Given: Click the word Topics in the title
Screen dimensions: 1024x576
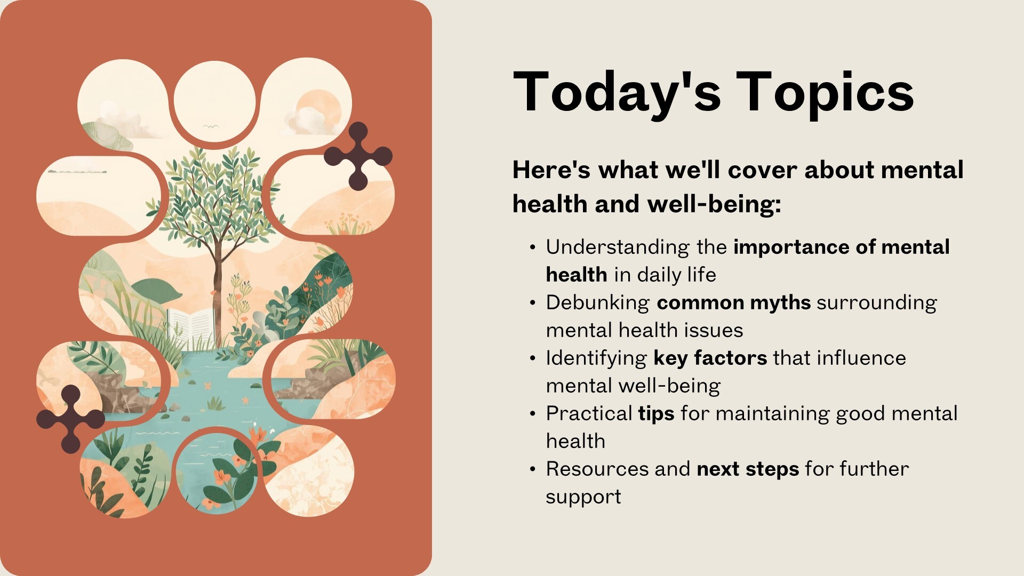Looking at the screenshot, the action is click(x=825, y=93).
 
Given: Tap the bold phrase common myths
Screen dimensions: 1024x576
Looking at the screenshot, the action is click(x=734, y=303).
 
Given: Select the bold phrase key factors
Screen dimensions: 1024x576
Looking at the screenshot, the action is click(x=710, y=358).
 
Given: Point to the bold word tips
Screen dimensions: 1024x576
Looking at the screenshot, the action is click(x=657, y=414).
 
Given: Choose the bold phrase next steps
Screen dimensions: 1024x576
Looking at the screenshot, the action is click(x=748, y=469).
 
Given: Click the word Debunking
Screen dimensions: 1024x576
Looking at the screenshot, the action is click(x=598, y=303).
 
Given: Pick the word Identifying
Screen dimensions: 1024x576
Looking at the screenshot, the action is click(x=596, y=358).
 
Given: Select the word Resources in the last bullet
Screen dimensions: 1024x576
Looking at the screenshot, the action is click(x=597, y=469).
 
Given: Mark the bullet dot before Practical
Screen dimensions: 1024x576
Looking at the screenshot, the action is click(x=532, y=414).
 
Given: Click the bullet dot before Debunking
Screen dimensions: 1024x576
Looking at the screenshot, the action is click(x=532, y=303).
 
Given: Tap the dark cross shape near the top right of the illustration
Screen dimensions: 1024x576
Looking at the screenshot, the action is click(x=358, y=156).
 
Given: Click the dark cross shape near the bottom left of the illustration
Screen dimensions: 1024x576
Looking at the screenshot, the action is click(x=70, y=419).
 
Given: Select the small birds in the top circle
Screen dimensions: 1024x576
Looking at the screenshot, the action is click(x=211, y=127).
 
